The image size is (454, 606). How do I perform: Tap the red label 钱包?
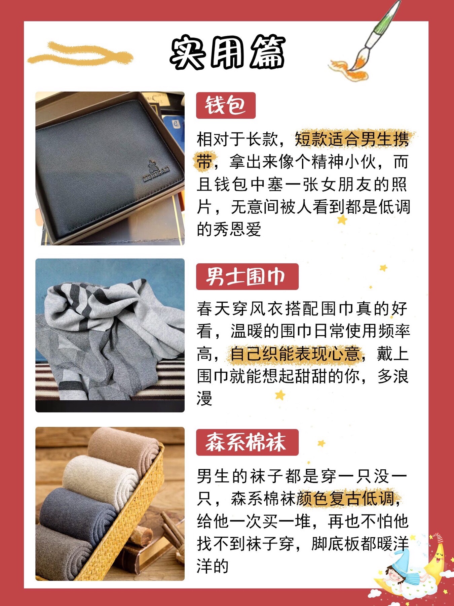tap(226, 105)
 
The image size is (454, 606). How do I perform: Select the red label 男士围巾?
tap(247, 277)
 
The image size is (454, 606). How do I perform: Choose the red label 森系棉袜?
tap(247, 442)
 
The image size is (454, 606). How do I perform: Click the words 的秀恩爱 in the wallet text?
tap(229, 229)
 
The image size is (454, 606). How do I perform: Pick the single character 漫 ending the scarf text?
tap(204, 399)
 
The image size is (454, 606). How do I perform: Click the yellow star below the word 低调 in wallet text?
tap(342, 220)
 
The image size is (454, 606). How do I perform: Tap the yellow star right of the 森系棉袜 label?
tap(321, 443)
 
